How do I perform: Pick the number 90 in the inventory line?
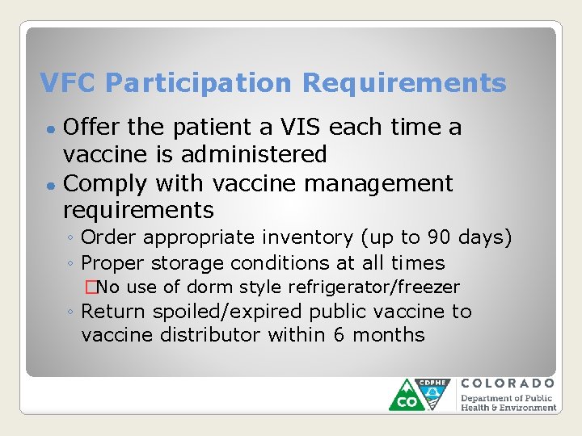tap(435, 237)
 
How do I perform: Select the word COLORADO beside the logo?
tap(508, 384)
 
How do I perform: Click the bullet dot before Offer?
tap(50, 129)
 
